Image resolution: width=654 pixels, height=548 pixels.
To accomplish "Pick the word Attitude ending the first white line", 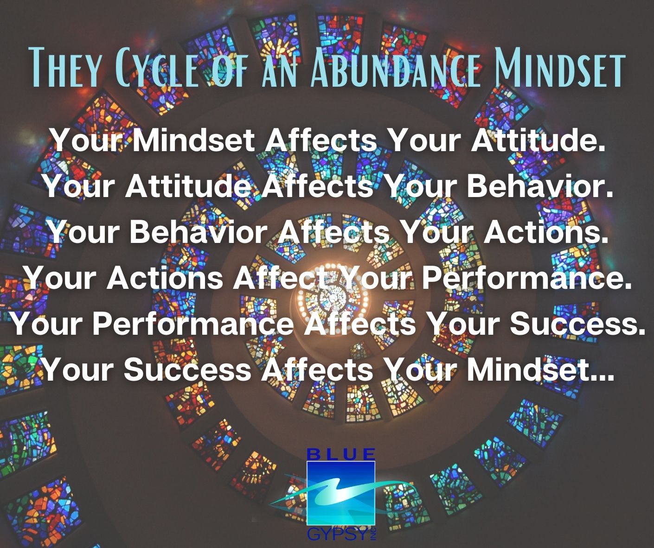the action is (x=537, y=140).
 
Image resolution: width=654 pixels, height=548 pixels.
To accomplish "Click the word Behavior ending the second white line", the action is (x=539, y=186).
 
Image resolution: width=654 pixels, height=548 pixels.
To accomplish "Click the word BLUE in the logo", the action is (x=341, y=454).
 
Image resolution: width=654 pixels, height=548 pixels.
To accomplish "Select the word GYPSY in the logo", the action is (x=336, y=535).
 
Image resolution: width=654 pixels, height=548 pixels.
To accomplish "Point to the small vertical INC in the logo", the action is (x=373, y=534).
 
